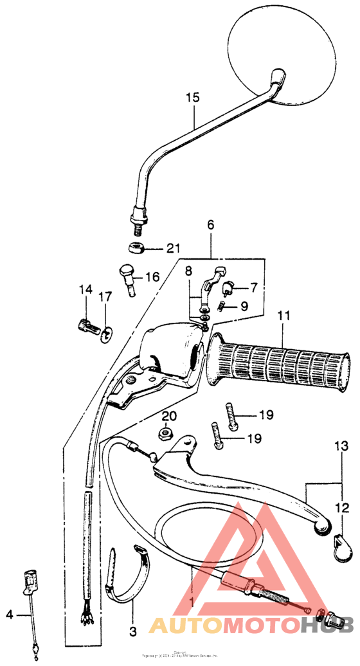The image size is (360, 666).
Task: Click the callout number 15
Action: [x=193, y=98]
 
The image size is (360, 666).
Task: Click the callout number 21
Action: [x=173, y=249]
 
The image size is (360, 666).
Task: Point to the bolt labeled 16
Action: [x=129, y=280]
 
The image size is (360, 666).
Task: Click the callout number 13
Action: [x=340, y=446]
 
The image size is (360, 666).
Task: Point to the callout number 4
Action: [x=9, y=615]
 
